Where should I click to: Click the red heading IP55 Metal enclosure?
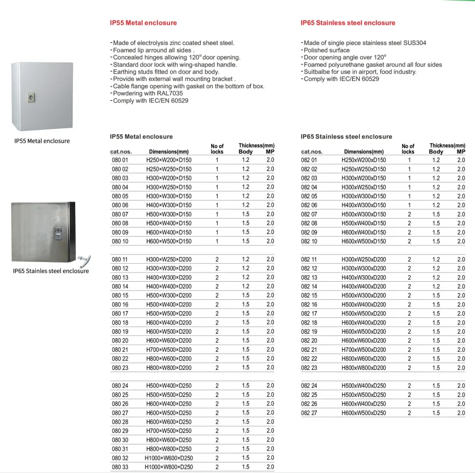[143, 23]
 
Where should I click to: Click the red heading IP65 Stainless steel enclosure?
[348, 23]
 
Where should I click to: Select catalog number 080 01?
[120, 160]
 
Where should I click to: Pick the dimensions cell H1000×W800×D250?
[168, 467]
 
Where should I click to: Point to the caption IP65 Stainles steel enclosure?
[50, 271]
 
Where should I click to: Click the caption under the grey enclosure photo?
[42, 141]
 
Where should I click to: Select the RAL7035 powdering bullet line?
[148, 94]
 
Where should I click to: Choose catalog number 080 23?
[120, 368]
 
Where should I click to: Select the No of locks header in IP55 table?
[217, 149]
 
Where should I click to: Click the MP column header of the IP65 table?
[461, 152]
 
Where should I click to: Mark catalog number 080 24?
[120, 386]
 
